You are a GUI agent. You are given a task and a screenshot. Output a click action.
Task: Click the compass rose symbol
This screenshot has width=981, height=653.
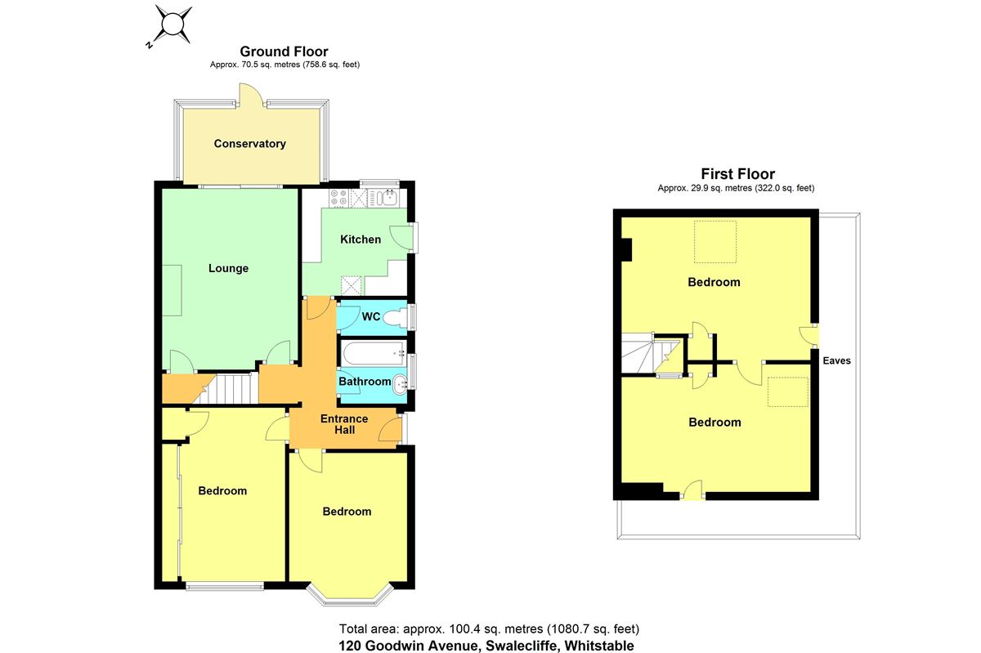[x=173, y=25]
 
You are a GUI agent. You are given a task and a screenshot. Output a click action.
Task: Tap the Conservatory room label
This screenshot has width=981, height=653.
[x=249, y=144]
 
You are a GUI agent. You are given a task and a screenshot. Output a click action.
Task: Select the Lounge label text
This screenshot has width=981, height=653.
[x=228, y=268]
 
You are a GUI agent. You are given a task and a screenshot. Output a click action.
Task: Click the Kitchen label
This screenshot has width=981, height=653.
[x=361, y=239]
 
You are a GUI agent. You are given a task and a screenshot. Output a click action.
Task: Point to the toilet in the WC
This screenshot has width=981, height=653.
[x=396, y=317]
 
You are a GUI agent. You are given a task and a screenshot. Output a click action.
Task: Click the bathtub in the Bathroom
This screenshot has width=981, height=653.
[x=374, y=353]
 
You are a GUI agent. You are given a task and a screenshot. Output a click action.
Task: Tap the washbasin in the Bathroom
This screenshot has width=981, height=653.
[x=400, y=384]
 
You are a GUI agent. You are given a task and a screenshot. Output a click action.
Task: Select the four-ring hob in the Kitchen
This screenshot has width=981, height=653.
[x=338, y=198]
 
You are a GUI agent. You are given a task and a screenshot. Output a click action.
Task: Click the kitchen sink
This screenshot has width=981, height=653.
[x=383, y=198]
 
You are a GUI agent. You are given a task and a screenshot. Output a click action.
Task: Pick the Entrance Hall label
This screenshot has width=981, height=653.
[x=344, y=424]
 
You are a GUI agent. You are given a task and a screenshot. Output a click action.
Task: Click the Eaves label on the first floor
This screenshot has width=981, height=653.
[x=836, y=360]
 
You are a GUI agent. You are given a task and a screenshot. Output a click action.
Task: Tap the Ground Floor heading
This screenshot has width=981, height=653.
[x=284, y=51]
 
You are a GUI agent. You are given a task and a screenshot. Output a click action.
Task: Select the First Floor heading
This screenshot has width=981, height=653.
[x=738, y=174]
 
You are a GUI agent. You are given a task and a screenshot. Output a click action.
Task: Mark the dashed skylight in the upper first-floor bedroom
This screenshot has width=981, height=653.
[x=715, y=242]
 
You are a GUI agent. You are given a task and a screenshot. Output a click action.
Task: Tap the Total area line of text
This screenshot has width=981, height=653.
[x=489, y=629]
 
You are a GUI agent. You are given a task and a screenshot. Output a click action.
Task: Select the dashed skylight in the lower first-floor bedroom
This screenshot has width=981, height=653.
[x=788, y=392]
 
